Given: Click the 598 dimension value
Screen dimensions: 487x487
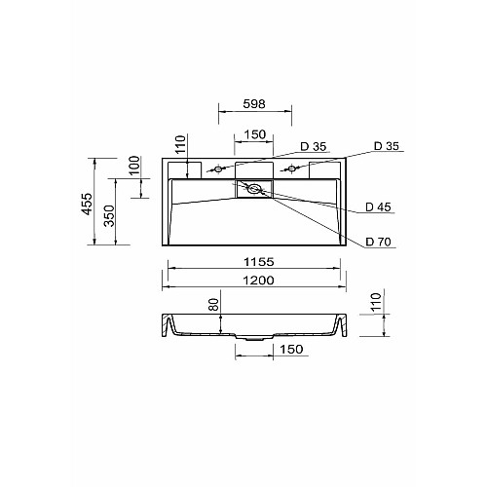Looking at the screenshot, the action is [x=254, y=104].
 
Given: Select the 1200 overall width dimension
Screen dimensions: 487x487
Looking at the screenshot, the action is [x=259, y=281].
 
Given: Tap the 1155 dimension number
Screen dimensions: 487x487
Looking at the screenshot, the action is [x=259, y=262].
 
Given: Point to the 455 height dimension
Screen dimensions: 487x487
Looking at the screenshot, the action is [x=87, y=204].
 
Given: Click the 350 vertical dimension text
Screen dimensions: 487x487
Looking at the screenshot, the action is [x=109, y=215].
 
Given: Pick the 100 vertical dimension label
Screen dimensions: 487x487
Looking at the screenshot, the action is [x=134, y=166].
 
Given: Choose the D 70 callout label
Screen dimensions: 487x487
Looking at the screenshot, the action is [x=378, y=242].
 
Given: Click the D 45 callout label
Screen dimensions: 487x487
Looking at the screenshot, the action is [x=378, y=206].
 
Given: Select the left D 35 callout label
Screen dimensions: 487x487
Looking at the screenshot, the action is [x=314, y=147].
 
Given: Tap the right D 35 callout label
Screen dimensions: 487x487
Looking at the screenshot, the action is [x=387, y=146].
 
